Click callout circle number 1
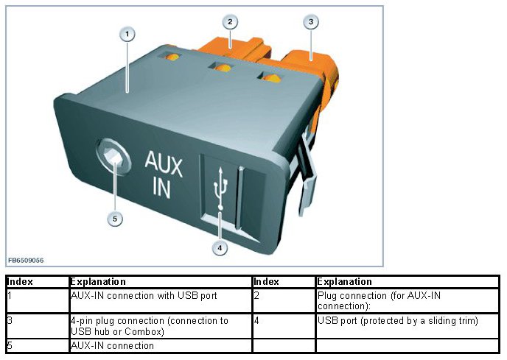click(x=127, y=34)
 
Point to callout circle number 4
click(x=219, y=248)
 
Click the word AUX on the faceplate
click(x=164, y=161)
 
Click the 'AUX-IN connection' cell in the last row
click(x=112, y=345)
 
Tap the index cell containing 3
click(x=10, y=321)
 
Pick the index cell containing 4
click(x=256, y=321)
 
